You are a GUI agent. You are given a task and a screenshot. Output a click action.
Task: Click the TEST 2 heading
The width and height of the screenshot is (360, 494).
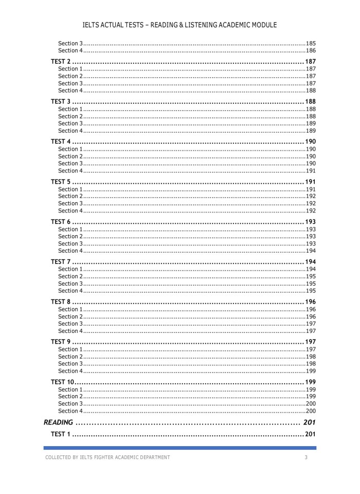[61, 62]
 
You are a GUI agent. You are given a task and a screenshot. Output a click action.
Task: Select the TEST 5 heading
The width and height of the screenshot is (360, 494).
[61, 182]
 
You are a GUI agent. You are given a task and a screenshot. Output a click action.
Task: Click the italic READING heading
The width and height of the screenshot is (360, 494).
[58, 422]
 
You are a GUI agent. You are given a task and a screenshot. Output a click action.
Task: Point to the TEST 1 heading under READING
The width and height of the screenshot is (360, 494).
[61, 434]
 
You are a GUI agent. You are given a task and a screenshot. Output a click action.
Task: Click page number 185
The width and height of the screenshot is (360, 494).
[311, 43]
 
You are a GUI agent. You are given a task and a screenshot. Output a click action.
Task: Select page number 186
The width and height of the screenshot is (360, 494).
[311, 50]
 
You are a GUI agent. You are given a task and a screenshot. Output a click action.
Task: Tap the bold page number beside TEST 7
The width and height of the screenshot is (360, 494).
[310, 262]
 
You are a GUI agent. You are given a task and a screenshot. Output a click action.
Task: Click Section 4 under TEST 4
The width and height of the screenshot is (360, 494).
[70, 171]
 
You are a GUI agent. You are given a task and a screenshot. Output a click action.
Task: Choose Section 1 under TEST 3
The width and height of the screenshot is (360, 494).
[70, 109]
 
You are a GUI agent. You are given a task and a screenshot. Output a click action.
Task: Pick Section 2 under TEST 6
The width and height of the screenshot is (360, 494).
[70, 236]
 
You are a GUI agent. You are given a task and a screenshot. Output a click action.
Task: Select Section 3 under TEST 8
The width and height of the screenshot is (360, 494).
[70, 324]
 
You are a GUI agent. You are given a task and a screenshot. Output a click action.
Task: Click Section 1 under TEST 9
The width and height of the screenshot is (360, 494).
[70, 349]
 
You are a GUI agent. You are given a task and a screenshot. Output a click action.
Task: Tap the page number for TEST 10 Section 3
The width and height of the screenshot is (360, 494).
[311, 404]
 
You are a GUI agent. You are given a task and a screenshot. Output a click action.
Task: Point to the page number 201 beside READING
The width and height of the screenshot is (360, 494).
[309, 422]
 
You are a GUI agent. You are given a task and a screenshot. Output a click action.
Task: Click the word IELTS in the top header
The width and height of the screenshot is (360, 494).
[92, 25]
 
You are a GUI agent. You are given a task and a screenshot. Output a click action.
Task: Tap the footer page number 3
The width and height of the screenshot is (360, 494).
[306, 457]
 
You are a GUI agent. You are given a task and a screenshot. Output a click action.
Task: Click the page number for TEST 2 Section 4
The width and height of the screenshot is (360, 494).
[311, 91]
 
